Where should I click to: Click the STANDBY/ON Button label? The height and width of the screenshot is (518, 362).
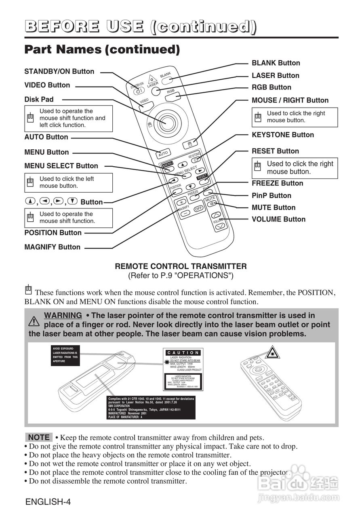pyautogui.click(x=59, y=72)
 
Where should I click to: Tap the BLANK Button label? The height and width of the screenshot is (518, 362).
pyautogui.click(x=276, y=63)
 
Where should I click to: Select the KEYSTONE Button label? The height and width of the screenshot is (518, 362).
pyautogui.click(x=282, y=135)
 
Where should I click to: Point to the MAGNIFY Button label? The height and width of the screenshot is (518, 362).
pyautogui.click(x=53, y=247)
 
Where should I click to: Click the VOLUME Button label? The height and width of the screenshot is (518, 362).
pyautogui.click(x=278, y=219)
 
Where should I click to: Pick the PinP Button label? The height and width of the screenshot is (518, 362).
pyautogui.click(x=271, y=195)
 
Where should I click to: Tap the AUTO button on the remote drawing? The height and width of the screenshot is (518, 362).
pyautogui.click(x=163, y=154)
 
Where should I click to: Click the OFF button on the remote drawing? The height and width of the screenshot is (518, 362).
pyautogui.click(x=198, y=209)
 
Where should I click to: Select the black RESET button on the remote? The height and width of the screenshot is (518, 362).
pyautogui.click(x=202, y=177)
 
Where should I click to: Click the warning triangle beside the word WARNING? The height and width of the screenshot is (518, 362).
pyautogui.click(x=34, y=321)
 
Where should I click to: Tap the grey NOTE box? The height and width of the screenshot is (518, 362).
pyautogui.click(x=39, y=437)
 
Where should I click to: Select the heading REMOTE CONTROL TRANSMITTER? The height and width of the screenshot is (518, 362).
pyautogui.click(x=181, y=266)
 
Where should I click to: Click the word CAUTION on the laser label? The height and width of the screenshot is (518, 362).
pyautogui.click(x=183, y=353)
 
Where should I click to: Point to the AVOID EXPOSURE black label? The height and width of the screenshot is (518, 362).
pyautogui.click(x=65, y=355)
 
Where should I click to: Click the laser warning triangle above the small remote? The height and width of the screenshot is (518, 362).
pyautogui.click(x=274, y=352)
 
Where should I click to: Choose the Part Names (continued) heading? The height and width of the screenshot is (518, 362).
pyautogui.click(x=102, y=49)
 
